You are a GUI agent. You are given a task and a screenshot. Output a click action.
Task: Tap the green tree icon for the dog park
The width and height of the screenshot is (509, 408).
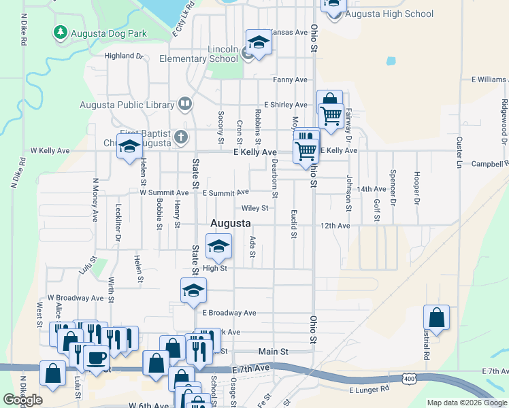(61, 32)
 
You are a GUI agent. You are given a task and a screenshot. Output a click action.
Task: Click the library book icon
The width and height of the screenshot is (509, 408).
(184, 103)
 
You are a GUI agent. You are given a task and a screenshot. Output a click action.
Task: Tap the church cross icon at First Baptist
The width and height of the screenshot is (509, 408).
(181, 137)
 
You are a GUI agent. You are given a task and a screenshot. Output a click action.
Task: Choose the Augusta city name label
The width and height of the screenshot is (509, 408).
(231, 223)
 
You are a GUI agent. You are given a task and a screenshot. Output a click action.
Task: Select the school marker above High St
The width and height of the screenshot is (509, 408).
(218, 246)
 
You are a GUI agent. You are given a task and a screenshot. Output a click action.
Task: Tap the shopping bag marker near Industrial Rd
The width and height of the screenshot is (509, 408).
(436, 318)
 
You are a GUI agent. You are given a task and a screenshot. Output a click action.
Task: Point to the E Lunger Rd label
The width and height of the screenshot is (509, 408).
(370, 390)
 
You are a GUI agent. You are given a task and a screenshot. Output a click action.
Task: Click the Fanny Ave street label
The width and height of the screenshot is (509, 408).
(291, 80)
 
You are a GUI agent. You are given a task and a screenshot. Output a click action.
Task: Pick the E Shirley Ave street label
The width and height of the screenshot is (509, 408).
(286, 105)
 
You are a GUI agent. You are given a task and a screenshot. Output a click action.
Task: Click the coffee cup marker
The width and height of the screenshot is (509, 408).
(96, 358)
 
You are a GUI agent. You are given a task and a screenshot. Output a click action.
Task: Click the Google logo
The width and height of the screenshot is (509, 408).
(22, 400)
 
